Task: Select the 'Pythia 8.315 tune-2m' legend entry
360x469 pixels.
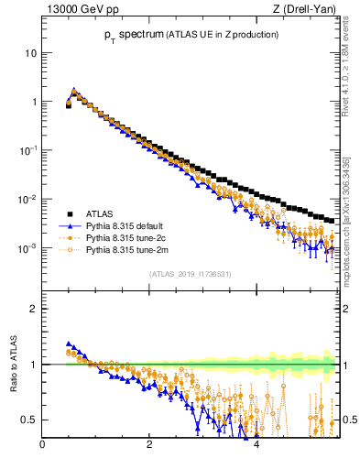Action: click(x=125, y=248)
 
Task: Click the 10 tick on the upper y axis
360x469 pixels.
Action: click(x=30, y=52)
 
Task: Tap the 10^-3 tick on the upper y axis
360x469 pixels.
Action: click(x=27, y=248)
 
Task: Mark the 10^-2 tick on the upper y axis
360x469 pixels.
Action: click(x=27, y=200)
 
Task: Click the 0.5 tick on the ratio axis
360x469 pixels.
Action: click(x=28, y=420)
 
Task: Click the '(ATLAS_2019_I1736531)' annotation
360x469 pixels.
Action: click(x=190, y=274)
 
